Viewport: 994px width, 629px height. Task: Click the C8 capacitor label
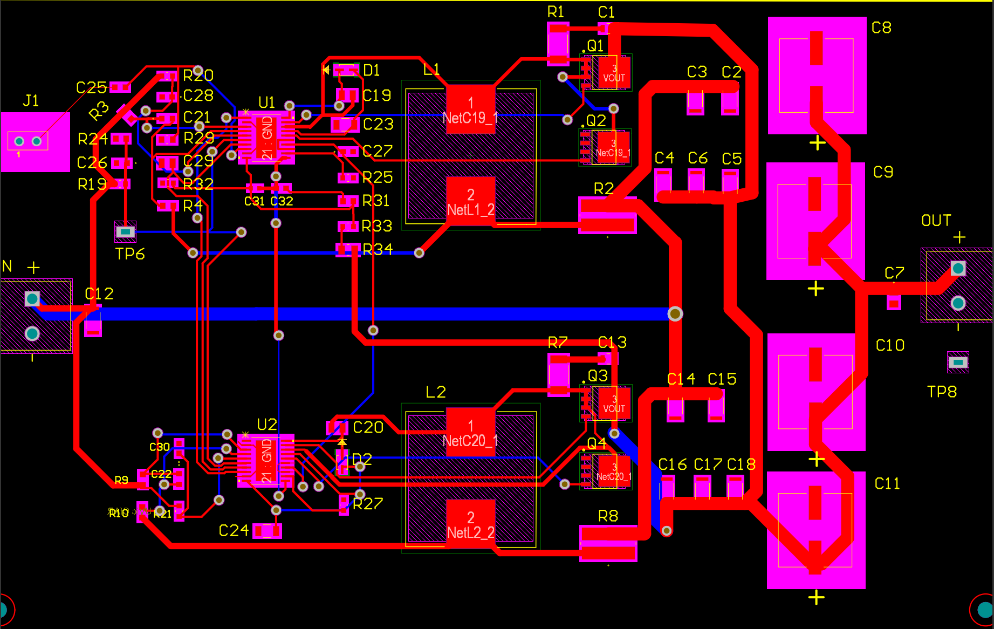tap(881, 28)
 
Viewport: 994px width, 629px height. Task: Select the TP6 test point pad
tap(125, 231)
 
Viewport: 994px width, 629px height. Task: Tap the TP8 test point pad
tap(958, 362)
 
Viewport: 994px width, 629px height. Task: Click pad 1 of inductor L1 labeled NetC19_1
tap(470, 108)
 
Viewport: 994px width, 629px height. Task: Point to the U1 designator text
tap(266, 102)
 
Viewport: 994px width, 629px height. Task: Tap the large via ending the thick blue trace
tap(675, 313)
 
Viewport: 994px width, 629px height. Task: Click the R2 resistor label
tap(604, 189)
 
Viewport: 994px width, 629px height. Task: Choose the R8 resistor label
tap(608, 516)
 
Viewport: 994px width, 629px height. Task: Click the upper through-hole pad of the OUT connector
tap(958, 268)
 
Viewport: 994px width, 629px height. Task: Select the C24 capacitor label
tap(234, 531)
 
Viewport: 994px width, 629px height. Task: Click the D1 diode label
tap(371, 71)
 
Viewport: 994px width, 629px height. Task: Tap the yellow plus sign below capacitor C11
tap(816, 597)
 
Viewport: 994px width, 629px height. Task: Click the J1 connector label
tap(31, 101)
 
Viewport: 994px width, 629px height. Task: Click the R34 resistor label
tap(377, 249)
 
